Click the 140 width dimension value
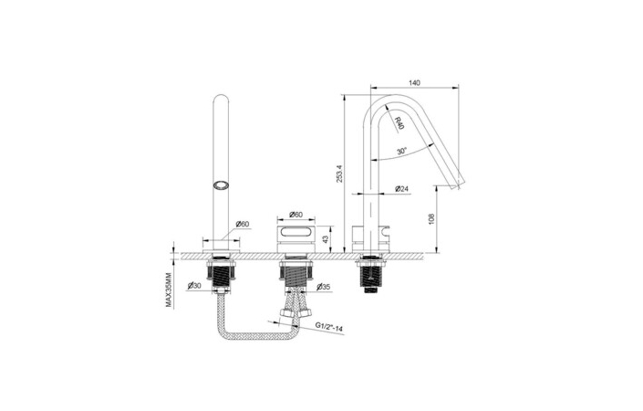pyautogui.click(x=415, y=83)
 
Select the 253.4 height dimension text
pyautogui.click(x=339, y=174)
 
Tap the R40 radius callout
pyautogui.click(x=399, y=122)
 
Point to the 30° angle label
pyautogui.click(x=402, y=151)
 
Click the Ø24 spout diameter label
pyautogui.click(x=402, y=189)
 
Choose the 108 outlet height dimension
pyautogui.click(x=431, y=219)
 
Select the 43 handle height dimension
pyautogui.click(x=326, y=239)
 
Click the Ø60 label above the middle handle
pyautogui.click(x=296, y=215)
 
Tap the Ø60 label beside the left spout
pyautogui.click(x=243, y=224)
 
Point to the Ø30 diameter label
pyautogui.click(x=194, y=286)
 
